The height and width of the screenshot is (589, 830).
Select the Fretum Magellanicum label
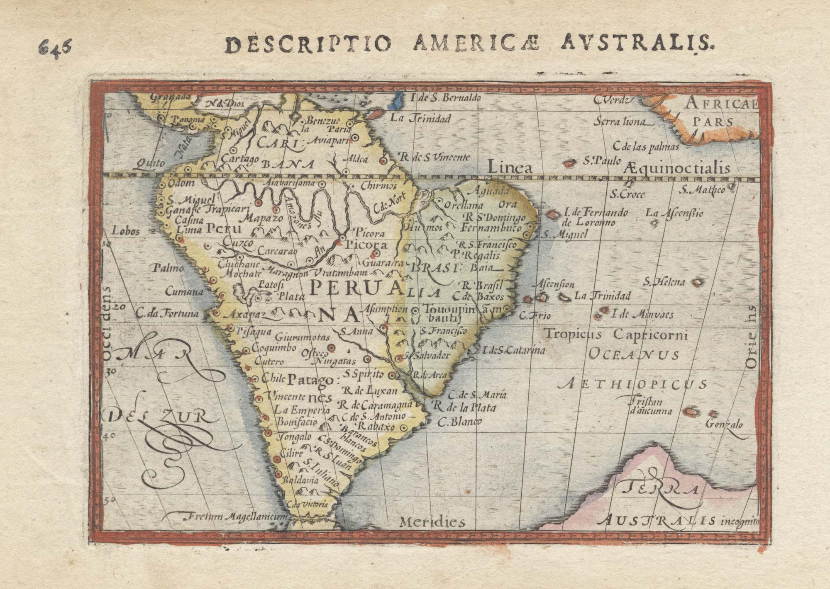click(234, 517)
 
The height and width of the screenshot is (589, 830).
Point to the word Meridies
click(432, 522)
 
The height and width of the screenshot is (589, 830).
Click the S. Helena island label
click(664, 283)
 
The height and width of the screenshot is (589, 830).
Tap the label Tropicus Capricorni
click(616, 334)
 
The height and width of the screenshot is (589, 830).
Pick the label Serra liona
click(620, 122)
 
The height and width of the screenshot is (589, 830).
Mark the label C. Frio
click(535, 316)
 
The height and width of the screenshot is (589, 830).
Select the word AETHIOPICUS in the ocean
click(633, 384)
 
